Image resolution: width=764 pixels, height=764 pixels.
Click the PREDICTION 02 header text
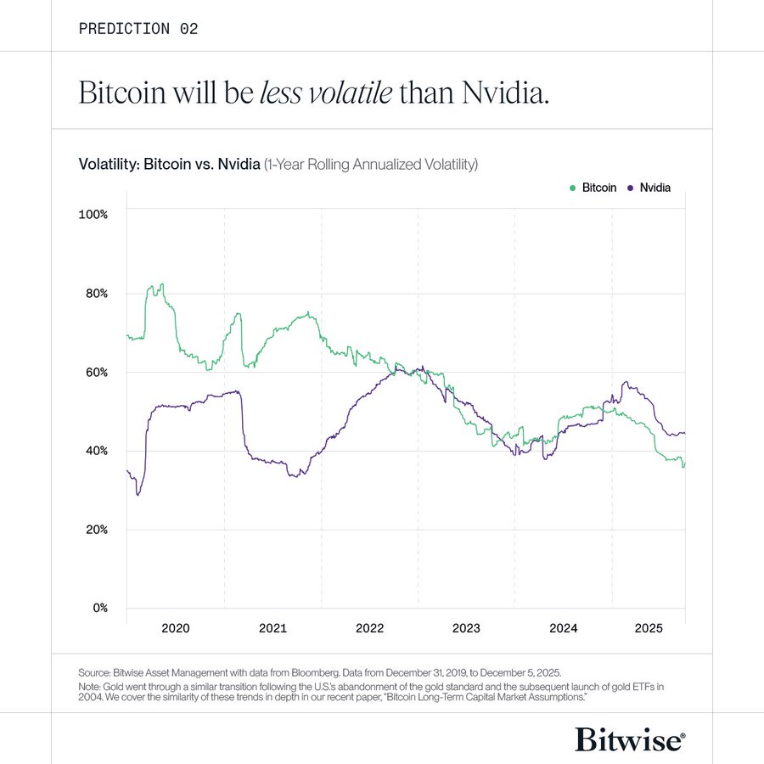tap(138, 29)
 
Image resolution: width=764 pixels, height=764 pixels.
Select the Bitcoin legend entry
tap(593, 188)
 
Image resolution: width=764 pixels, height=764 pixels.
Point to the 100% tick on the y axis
tap(93, 215)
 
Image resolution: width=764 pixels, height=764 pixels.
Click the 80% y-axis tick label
tap(95, 294)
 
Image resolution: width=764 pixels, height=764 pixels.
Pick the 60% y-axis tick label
tap(95, 373)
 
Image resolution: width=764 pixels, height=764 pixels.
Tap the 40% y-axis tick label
tap(95, 451)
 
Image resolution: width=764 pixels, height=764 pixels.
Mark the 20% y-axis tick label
tap(95, 530)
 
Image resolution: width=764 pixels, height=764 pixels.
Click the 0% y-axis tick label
tap(98, 608)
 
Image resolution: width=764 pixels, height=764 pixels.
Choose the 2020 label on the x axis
tap(175, 629)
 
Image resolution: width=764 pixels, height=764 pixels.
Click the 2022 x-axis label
tap(369, 629)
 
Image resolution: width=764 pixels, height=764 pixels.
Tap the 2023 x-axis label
tap(466, 629)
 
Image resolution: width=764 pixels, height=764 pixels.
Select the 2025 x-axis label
tap(649, 629)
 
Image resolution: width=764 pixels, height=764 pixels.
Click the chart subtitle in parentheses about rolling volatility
tap(371, 163)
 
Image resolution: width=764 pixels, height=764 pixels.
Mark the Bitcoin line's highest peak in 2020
tap(162, 284)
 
